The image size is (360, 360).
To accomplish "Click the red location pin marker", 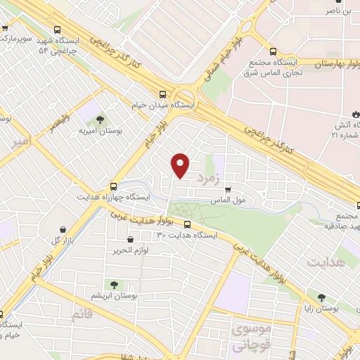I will coord(181,165).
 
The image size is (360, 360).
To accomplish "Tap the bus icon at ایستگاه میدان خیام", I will coord(163,94).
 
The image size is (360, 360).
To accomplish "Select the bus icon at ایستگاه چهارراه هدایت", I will coord(114,187).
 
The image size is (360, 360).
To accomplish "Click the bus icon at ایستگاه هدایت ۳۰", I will coord(186,225).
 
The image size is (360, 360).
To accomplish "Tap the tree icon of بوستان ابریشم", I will coord(112,284).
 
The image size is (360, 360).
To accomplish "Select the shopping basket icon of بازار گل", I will coord(64,229).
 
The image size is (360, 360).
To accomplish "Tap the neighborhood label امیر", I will coord(22,143).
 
